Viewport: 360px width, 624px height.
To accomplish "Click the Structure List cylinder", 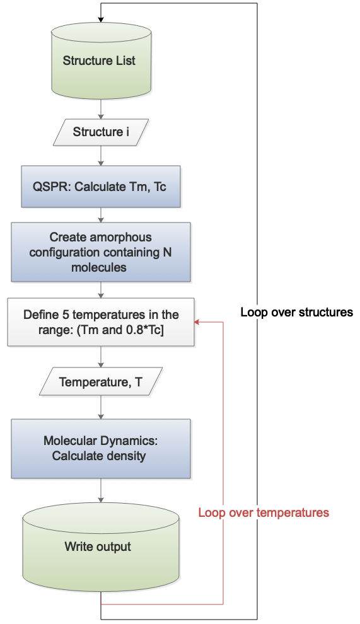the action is (101, 61).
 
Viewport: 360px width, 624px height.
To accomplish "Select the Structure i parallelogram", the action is (101, 132).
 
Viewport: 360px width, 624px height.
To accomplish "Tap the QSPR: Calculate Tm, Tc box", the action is (101, 187).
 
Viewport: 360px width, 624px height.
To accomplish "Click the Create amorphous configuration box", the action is (101, 252).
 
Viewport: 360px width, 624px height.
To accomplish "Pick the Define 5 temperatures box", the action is (101, 322).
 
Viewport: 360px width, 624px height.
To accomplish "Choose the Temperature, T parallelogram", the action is (101, 381).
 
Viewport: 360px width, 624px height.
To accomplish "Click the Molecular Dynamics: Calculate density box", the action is (101, 449).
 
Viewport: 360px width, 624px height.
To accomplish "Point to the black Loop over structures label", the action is (297, 312).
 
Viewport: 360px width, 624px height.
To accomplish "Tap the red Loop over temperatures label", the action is (264, 512).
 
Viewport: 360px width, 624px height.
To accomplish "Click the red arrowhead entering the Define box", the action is (197, 322).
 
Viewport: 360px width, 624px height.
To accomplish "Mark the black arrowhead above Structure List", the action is (101, 19).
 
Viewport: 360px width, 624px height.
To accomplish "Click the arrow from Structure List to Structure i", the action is (101, 109).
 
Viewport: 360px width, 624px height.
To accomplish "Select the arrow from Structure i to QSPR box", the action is (101, 156).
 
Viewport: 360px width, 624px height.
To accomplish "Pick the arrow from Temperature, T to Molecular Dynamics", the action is (101, 407).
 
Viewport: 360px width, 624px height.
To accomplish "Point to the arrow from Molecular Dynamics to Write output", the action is (101, 490).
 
